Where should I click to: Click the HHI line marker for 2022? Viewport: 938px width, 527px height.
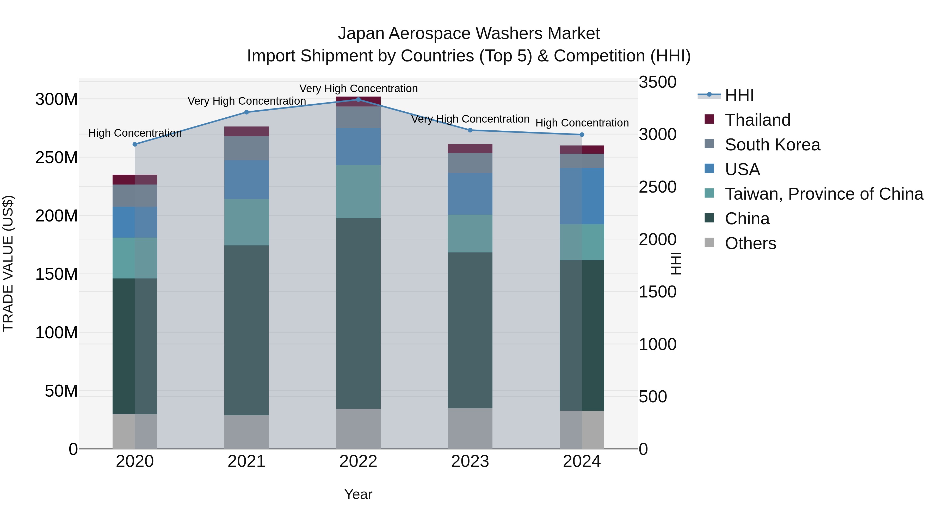click(358, 99)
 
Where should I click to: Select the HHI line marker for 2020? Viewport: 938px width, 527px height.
click(135, 144)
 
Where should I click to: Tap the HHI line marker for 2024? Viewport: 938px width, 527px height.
click(582, 135)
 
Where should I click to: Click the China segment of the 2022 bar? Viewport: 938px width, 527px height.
click(358, 313)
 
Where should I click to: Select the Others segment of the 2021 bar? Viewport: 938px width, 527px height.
click(246, 432)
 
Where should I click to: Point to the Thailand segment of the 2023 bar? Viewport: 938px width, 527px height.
click(470, 148)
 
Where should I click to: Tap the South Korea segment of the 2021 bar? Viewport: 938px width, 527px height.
click(246, 148)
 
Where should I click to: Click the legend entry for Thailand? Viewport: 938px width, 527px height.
click(757, 120)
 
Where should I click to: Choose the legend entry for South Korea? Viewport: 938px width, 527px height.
click(772, 144)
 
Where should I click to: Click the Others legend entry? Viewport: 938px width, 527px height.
click(750, 243)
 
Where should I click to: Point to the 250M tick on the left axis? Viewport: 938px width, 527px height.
click(57, 157)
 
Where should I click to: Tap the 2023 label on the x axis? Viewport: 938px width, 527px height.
click(470, 461)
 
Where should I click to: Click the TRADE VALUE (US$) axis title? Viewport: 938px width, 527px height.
click(8, 263)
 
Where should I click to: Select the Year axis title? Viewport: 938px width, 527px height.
click(358, 494)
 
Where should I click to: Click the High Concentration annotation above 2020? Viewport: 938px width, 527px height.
click(135, 133)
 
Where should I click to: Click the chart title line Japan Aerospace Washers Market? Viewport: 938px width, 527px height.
click(469, 34)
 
